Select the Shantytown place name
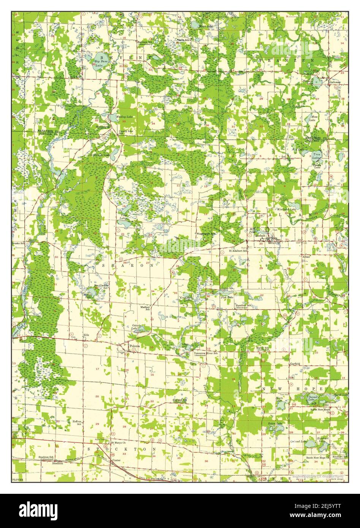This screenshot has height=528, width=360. point(103,126)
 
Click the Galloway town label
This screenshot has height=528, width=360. point(335,82)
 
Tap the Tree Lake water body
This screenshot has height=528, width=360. point(316,155)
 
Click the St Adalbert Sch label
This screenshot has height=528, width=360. point(238,251)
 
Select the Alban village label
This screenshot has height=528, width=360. point(306,257)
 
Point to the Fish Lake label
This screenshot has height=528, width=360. point(227,297)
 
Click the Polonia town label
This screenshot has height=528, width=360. point(135,346)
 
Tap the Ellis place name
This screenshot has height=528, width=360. point(86,335)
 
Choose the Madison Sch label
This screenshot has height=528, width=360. point(145,308)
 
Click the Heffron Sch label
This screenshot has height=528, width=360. point(77,422)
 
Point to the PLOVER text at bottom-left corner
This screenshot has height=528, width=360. point(17,479)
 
